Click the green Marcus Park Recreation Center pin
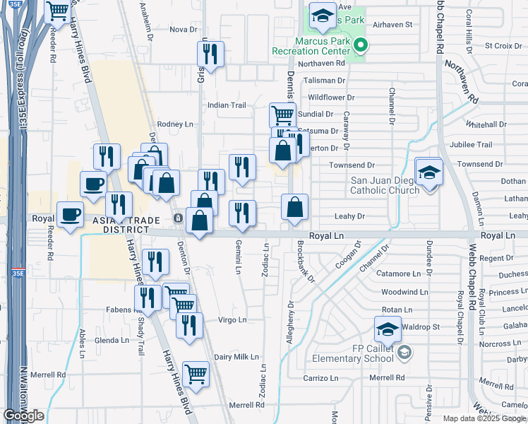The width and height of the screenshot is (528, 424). [360, 47]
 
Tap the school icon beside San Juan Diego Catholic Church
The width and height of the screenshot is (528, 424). [428, 172]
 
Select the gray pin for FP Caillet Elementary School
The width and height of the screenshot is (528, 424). [404, 352]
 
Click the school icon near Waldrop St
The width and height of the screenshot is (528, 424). [388, 329]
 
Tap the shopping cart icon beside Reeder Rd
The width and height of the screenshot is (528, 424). [56, 11]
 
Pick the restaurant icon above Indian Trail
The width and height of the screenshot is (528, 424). [210, 54]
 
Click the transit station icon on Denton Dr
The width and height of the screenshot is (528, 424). [179, 218]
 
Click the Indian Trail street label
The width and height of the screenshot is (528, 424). [227, 105]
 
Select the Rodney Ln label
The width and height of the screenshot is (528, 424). [174, 124]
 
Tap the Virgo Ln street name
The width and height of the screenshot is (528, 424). [232, 319]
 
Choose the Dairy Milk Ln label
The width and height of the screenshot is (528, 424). [233, 358]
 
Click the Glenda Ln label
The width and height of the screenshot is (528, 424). [111, 340]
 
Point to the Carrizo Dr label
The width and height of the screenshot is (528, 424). [321, 378]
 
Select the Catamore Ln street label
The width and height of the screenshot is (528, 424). [404, 273]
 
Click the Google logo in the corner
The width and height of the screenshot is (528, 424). [23, 416]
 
